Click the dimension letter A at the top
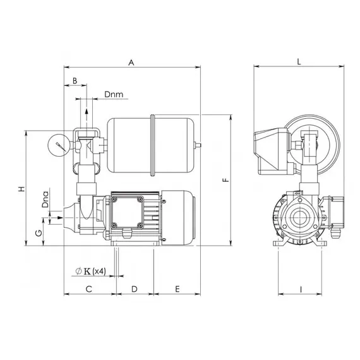click(x=131, y=63)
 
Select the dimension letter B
click(x=75, y=81)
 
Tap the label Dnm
click(x=114, y=95)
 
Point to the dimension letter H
click(x=20, y=189)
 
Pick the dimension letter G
click(x=39, y=233)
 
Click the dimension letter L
click(x=298, y=62)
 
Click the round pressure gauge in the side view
click(x=58, y=144)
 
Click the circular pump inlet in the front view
click(x=299, y=219)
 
